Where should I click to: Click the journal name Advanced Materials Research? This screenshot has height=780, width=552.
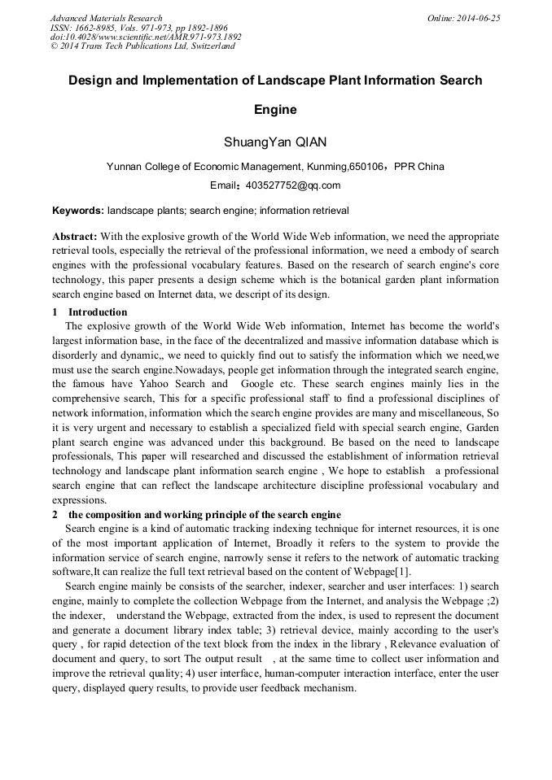[106, 18]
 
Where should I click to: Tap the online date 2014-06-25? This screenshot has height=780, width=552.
[481, 18]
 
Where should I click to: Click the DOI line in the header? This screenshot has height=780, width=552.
[146, 37]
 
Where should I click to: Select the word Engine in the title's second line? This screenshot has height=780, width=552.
[275, 109]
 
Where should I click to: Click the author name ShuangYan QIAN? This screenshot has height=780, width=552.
[275, 142]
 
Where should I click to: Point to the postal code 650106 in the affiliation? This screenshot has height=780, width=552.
[366, 167]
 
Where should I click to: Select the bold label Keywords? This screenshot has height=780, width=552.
[78, 210]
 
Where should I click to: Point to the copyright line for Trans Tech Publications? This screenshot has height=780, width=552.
[142, 46]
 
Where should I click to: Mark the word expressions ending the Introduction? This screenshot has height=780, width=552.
[79, 500]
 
